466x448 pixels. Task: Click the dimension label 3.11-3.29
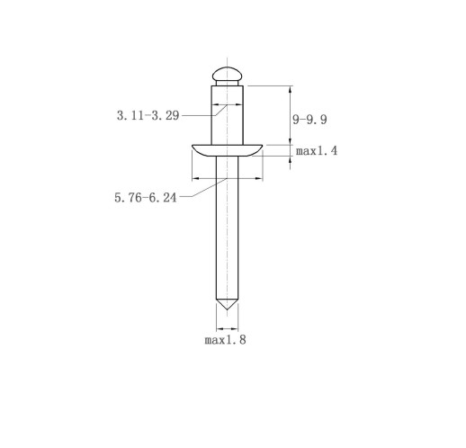click(x=148, y=115)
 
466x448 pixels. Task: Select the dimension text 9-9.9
click(x=309, y=120)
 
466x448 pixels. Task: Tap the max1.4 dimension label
click(x=317, y=150)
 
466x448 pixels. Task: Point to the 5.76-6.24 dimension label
click(x=146, y=198)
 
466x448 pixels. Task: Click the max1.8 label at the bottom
click(x=225, y=340)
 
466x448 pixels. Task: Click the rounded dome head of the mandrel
click(x=228, y=74)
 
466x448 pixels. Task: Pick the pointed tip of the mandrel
click(x=228, y=309)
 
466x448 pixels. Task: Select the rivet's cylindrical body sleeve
click(x=228, y=115)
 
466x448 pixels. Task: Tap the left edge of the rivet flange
click(x=193, y=147)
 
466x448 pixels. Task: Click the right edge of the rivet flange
click(x=262, y=147)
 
